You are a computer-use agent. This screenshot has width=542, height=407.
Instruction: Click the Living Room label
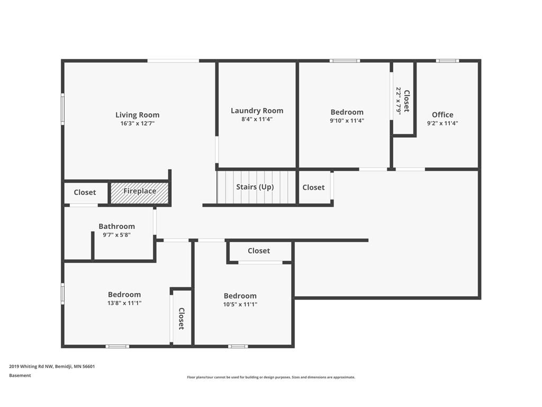click(137, 115)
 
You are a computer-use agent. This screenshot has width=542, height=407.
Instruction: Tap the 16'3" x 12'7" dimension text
click(137, 123)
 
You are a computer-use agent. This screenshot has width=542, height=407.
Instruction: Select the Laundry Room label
click(257, 111)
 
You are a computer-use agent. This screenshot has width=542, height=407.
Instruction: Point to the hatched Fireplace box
click(140, 191)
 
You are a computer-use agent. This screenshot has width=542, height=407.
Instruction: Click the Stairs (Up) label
click(255, 187)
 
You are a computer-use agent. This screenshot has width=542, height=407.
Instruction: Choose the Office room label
click(442, 114)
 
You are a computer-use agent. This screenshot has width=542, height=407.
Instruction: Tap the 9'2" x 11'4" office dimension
click(442, 123)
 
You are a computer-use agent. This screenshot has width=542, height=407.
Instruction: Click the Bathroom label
click(116, 226)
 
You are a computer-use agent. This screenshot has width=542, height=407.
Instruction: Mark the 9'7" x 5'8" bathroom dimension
click(116, 235)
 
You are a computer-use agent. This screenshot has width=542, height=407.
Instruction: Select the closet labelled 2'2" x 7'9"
click(403, 101)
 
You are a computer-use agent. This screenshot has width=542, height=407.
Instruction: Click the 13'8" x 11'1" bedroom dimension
click(124, 303)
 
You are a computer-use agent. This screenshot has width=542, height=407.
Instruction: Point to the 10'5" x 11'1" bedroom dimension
click(240, 304)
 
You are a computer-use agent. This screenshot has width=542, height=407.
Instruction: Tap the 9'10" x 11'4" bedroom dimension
click(347, 120)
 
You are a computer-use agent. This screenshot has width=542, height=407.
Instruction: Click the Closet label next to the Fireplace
click(85, 192)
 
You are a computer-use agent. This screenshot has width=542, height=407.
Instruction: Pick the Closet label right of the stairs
click(313, 187)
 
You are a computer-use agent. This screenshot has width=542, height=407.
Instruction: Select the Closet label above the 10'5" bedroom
click(258, 251)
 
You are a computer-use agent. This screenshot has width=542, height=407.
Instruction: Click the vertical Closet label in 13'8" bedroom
click(181, 318)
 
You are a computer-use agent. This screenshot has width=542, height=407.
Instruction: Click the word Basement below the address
click(20, 375)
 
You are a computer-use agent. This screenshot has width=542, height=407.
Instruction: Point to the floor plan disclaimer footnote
click(271, 377)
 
